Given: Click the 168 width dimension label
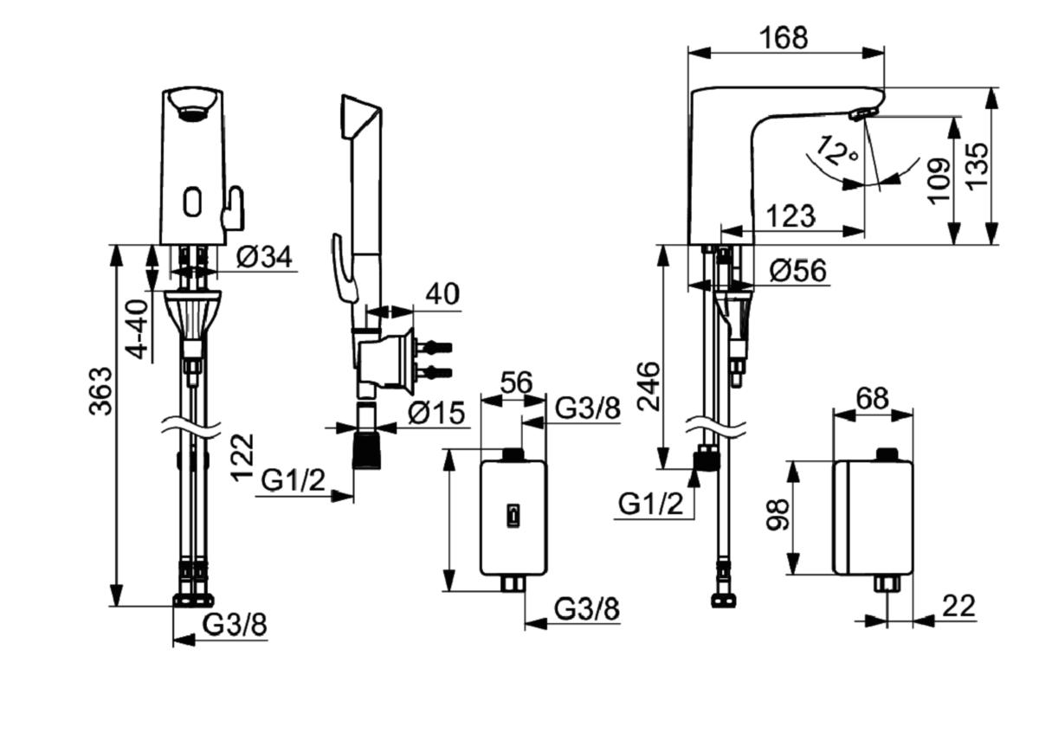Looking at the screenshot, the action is point(784,37).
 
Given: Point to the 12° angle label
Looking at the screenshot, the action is point(837,151).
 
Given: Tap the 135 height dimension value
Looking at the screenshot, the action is point(978,165).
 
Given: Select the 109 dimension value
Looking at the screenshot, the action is point(939,181).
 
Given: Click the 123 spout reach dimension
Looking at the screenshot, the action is point(791,216).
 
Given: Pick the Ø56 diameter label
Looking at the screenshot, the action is point(798,270).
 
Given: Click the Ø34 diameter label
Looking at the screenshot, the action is point(264,256).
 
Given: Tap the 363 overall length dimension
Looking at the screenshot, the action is point(100,391).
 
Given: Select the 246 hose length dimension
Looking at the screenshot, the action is point(648,386).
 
